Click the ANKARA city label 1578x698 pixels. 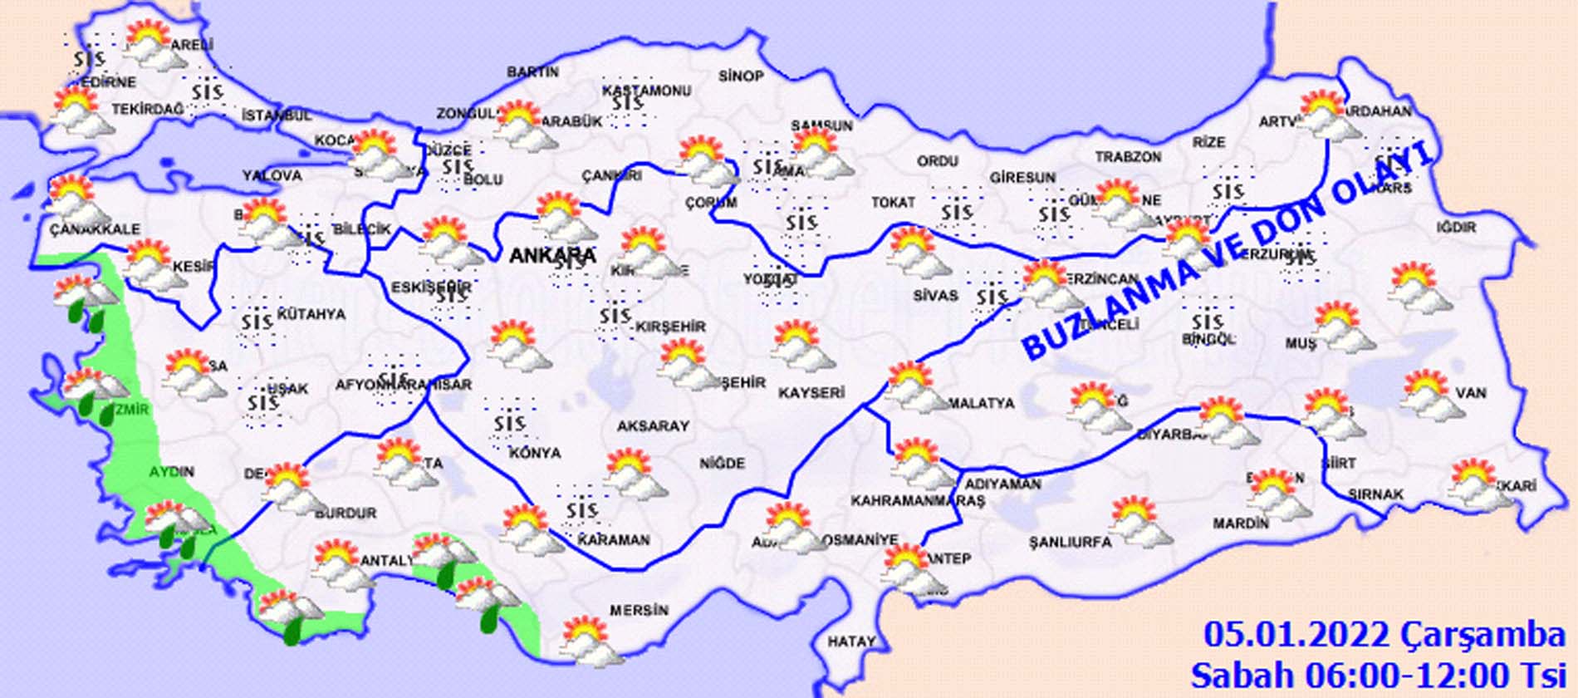point(551,255)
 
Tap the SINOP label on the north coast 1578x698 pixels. point(741,76)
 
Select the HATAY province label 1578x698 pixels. point(851,641)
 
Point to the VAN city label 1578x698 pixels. point(1470,393)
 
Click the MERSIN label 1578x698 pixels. point(639,611)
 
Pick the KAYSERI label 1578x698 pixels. point(811,393)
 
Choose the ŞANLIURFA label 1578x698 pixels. point(1070,542)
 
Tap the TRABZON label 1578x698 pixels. point(1128,157)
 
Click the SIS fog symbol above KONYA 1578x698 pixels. point(509,425)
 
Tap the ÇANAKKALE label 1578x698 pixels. point(95,229)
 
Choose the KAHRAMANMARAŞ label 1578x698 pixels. point(917,501)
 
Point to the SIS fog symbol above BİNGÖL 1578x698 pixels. point(1206,322)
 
